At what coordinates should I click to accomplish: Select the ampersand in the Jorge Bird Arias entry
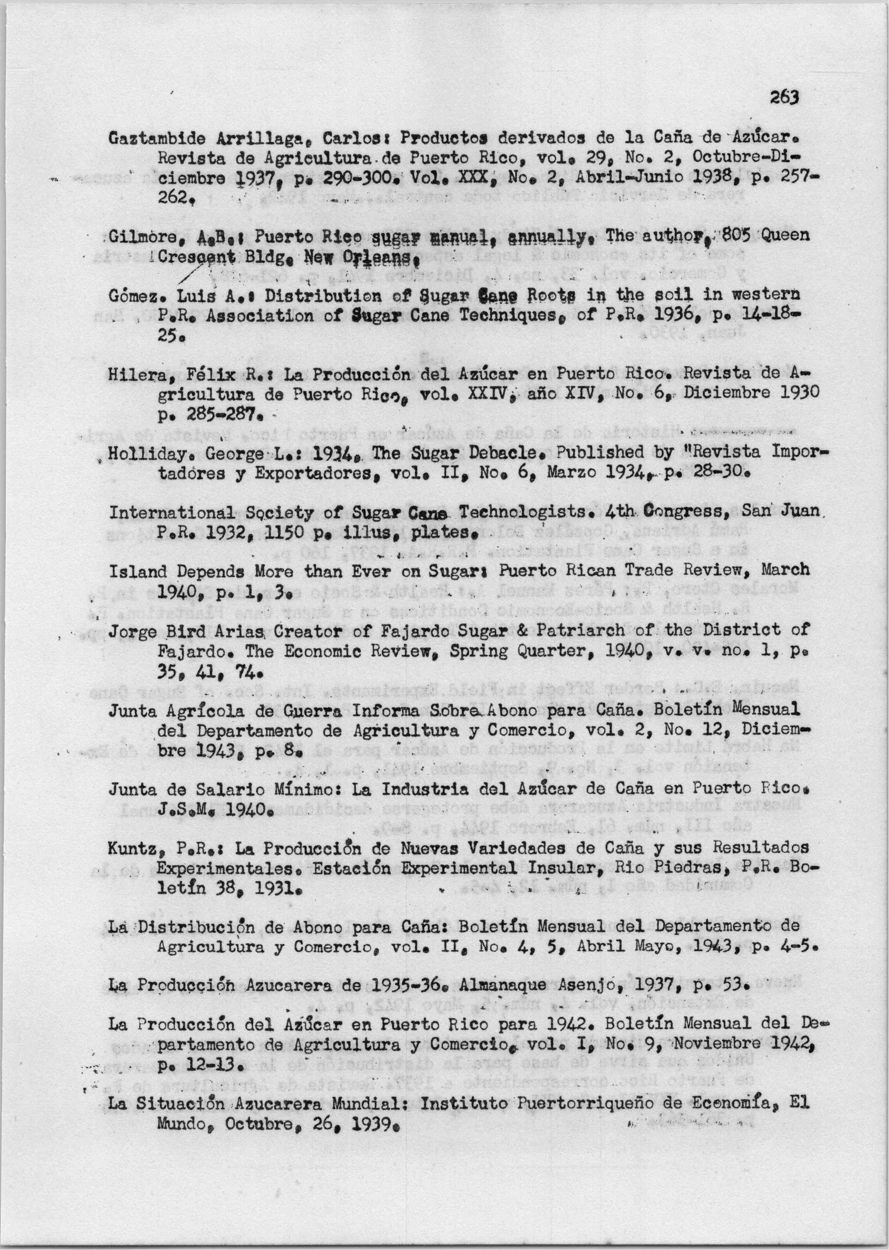tap(524, 631)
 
